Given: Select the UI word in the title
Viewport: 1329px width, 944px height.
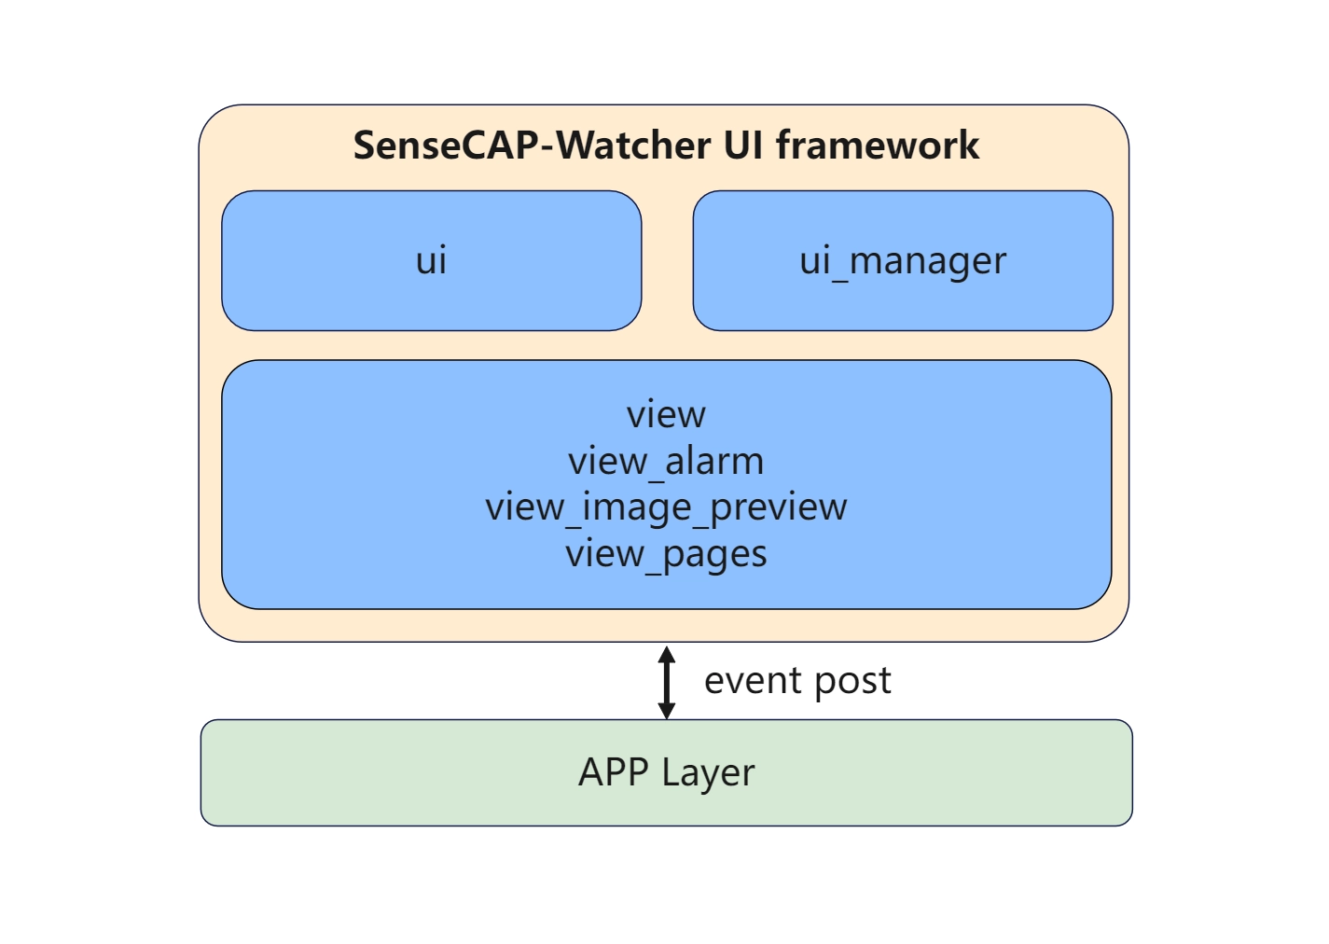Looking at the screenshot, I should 743,146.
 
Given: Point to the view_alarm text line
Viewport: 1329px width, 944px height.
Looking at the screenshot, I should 666,461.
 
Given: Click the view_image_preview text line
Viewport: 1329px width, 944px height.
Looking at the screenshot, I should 666,507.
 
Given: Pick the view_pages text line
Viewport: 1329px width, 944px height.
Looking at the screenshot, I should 666,554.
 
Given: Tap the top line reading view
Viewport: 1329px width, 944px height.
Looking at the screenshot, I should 666,414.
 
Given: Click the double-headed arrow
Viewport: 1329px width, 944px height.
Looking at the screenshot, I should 666,682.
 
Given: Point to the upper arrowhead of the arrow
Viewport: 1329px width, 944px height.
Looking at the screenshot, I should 666,653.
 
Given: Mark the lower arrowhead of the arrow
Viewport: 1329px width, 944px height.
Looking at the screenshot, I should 666,711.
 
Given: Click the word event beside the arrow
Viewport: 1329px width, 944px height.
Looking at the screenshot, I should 753,681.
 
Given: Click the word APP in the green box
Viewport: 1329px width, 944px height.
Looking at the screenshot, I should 613,772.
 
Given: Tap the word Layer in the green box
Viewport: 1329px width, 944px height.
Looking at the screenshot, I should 708,773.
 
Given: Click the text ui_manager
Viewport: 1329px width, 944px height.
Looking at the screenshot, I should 903,260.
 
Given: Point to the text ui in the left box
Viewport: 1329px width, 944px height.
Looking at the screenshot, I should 431,260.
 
